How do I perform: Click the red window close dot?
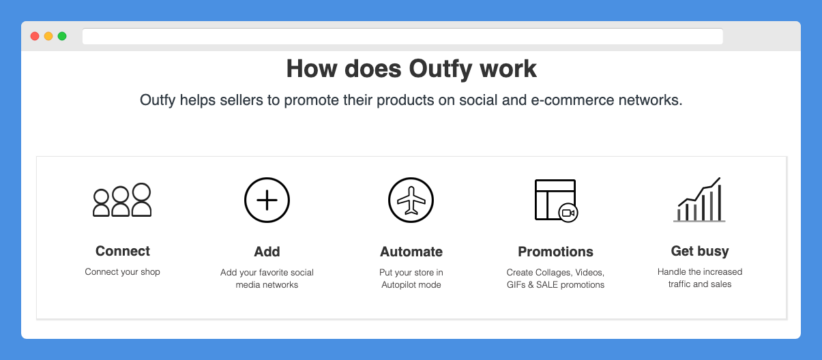tap(35, 36)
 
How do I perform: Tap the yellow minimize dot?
tap(48, 36)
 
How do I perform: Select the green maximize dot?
tap(62, 36)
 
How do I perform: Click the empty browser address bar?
tap(402, 36)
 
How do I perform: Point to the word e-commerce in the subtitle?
tap(572, 100)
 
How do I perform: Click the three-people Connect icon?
tap(122, 200)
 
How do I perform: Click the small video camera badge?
tap(568, 213)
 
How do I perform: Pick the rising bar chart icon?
tap(699, 200)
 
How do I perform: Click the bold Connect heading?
tap(123, 251)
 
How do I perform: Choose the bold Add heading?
tap(267, 252)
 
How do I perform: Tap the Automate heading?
tap(411, 252)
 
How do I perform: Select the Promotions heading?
tap(555, 252)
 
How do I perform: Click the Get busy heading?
tap(700, 252)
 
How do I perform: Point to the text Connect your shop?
tap(122, 272)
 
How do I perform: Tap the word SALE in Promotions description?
tap(547, 285)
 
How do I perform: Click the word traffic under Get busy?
tap(679, 284)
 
